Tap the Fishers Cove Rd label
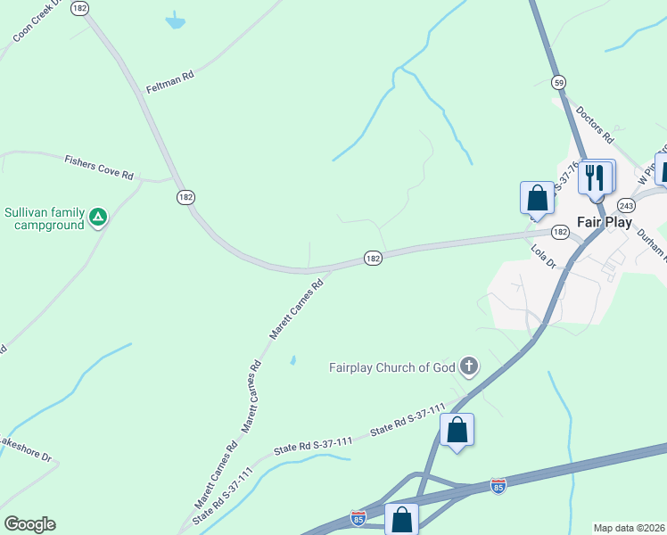pyautogui.click(x=98, y=167)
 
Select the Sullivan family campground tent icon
pyautogui.click(x=98, y=217)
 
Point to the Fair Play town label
pyautogui.click(x=605, y=222)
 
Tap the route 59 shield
pyautogui.click(x=559, y=81)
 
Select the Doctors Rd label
pyautogui.click(x=596, y=126)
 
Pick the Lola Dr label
pyautogui.click(x=543, y=258)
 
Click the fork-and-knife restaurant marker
pyautogui.click(x=596, y=177)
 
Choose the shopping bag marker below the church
pyautogui.click(x=457, y=431)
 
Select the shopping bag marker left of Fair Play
pyautogui.click(x=537, y=197)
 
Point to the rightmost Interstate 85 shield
pyautogui.click(x=498, y=486)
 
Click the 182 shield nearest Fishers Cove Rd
pyautogui.click(x=185, y=197)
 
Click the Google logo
pyautogui.click(x=29, y=524)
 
